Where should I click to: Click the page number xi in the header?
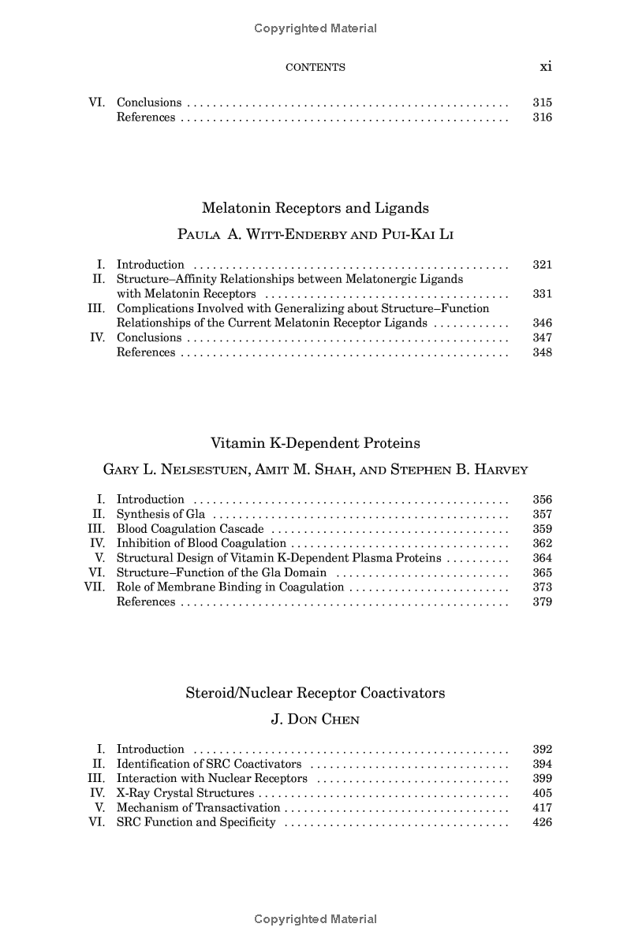pos(545,67)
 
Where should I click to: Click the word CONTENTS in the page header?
pos(315,68)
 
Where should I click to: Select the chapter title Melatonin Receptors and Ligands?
pos(315,208)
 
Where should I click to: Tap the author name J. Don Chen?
pos(315,719)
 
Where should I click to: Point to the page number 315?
pos(542,102)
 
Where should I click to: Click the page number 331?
pos(542,294)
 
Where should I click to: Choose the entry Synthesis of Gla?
pos(150,514)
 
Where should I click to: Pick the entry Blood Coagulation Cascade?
pos(190,529)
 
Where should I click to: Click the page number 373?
pos(542,587)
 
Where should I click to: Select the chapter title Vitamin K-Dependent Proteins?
pos(315,443)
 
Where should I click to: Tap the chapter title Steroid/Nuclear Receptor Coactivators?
pos(315,693)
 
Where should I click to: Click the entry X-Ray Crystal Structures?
pos(185,793)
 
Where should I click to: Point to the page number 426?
pos(542,822)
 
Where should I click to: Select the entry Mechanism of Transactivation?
pos(198,808)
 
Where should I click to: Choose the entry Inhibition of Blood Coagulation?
pos(201,543)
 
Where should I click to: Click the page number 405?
pos(542,793)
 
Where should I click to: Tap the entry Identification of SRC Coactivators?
pos(209,764)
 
